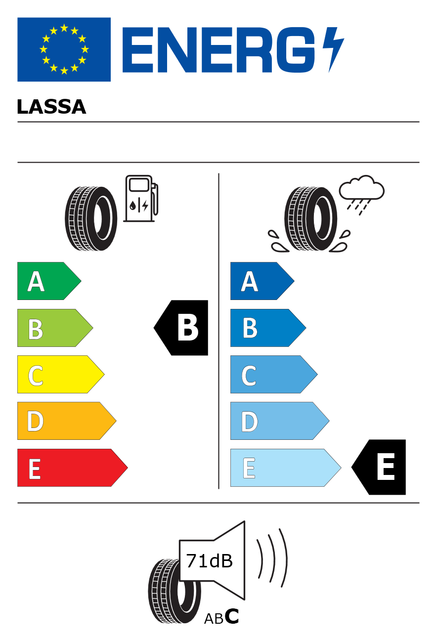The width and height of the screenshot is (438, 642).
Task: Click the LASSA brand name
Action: tap(51, 107)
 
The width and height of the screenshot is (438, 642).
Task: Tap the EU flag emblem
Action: tap(64, 49)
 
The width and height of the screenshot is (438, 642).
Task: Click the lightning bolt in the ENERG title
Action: tap(333, 49)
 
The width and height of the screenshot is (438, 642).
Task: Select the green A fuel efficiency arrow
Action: tap(49, 281)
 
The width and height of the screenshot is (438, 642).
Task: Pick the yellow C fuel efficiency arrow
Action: tap(61, 374)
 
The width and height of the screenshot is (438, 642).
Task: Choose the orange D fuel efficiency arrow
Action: tap(67, 421)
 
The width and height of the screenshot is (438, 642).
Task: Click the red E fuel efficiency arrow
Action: tap(73, 468)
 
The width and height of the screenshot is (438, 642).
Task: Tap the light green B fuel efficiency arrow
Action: tap(55, 328)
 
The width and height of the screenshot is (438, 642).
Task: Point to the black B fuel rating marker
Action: tap(181, 328)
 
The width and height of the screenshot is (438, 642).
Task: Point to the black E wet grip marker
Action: tap(379, 467)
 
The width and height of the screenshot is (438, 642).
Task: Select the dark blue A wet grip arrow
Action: tap(263, 281)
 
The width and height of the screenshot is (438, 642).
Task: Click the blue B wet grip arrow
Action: tap(268, 328)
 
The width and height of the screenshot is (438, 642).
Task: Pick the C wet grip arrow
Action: tap(274, 374)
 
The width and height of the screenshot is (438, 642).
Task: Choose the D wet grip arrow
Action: tap(280, 421)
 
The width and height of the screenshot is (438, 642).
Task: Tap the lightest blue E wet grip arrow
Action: tap(286, 468)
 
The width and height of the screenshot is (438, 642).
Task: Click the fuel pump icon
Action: tap(141, 198)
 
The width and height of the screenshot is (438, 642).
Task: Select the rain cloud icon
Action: tap(361, 195)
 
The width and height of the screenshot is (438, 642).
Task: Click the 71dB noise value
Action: tap(209, 561)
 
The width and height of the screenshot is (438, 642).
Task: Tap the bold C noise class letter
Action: tap(232, 616)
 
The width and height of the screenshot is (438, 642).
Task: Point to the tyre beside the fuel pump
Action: tap(91, 218)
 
